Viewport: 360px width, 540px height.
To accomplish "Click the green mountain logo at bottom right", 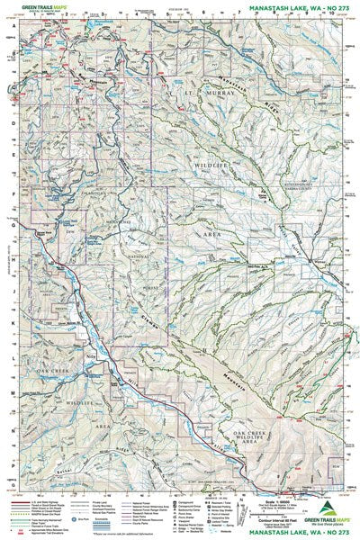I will (335, 507).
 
